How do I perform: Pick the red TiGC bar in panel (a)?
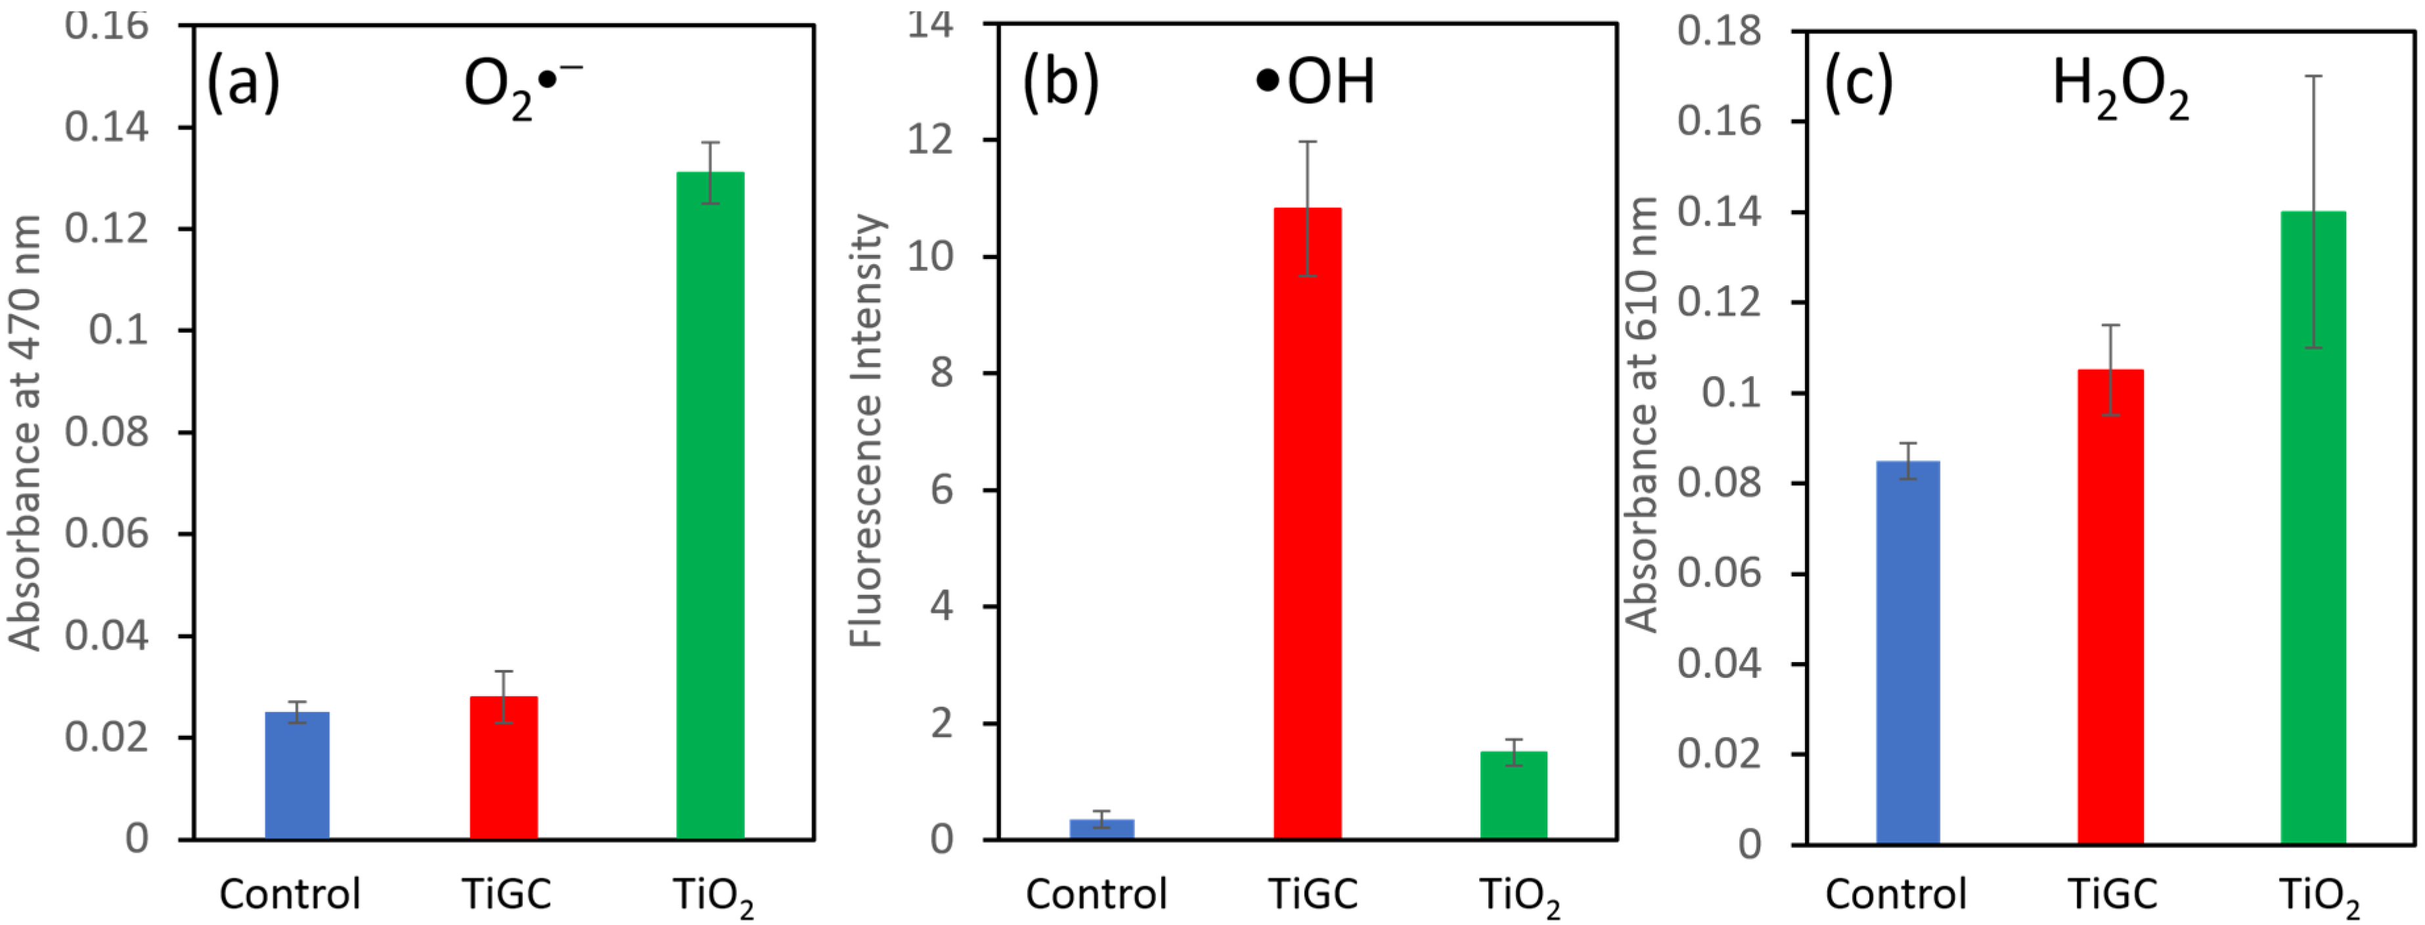click(x=504, y=768)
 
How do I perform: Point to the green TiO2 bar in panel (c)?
click(x=2313, y=527)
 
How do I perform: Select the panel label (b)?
click(x=1060, y=83)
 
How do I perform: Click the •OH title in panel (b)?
click(x=1316, y=82)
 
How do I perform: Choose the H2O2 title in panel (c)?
click(x=2120, y=87)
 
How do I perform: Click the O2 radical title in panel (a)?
click(x=522, y=87)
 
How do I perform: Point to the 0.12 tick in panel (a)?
click(x=106, y=229)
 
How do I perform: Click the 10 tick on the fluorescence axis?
click(x=930, y=256)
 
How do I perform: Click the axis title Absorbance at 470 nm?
click(x=26, y=433)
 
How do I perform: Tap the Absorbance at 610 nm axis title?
click(x=1643, y=414)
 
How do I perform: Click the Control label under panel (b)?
click(x=1096, y=893)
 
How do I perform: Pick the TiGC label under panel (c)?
click(x=2112, y=893)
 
